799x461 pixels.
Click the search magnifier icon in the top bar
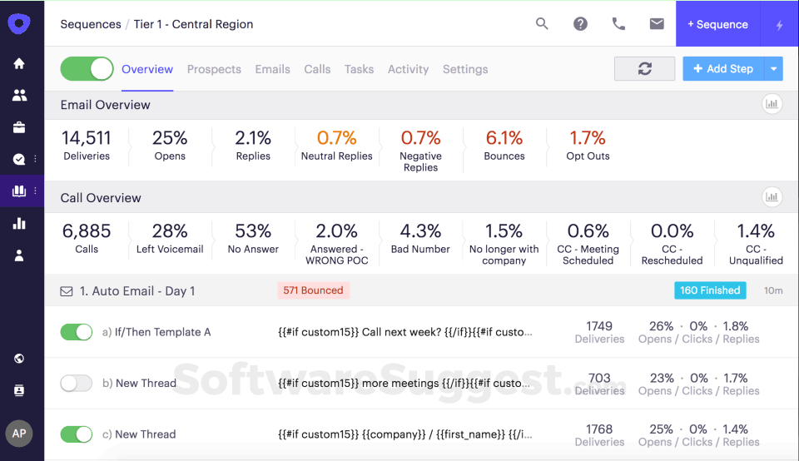point(542,24)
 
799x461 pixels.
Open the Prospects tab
point(214,69)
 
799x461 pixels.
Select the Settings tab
point(465,69)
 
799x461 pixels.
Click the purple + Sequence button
point(717,24)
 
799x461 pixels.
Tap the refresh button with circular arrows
point(644,69)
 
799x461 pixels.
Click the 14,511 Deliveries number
point(87,138)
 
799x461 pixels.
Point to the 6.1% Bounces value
point(504,138)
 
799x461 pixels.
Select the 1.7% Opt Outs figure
point(588,138)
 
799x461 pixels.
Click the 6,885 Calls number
point(87,231)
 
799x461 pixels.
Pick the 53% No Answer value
point(253,231)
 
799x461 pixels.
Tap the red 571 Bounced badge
point(314,290)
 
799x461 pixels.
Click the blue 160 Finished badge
point(710,290)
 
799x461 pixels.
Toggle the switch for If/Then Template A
point(77,332)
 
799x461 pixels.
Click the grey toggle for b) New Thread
point(77,384)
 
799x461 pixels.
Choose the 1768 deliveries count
point(599,429)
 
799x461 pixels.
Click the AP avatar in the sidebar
point(19,434)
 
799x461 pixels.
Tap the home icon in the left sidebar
point(19,64)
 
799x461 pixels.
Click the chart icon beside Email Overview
point(772,105)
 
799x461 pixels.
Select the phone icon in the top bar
point(618,24)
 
